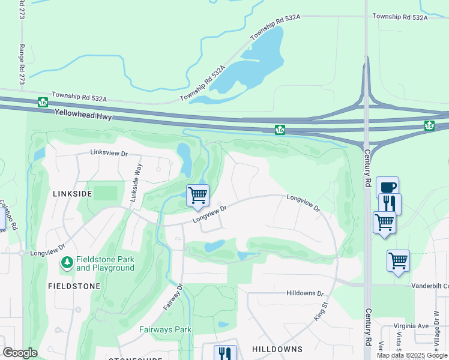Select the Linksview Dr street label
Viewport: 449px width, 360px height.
tap(109, 154)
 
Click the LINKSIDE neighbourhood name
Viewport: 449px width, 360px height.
tap(72, 194)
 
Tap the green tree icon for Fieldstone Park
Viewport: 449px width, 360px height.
tap(67, 263)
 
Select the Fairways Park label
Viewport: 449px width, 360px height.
tap(165, 329)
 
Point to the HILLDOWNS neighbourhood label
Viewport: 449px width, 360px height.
tap(277, 349)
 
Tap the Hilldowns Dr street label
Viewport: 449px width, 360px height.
tap(305, 293)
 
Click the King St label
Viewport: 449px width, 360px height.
tap(321, 310)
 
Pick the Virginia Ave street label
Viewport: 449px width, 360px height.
tap(412, 326)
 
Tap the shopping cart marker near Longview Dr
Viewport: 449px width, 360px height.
tap(197, 195)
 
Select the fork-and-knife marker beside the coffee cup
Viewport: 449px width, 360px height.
tap(390, 203)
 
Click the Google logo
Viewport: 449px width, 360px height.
tap(20, 353)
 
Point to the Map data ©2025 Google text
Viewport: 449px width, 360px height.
tap(411, 355)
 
